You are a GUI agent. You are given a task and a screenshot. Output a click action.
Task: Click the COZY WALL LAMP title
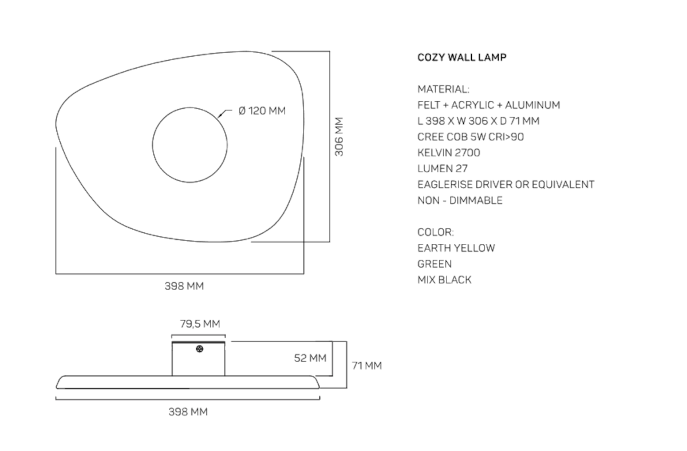point(461,57)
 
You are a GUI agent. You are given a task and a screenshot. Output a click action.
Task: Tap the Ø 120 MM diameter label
point(262,111)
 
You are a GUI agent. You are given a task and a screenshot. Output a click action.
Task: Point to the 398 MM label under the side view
point(188,412)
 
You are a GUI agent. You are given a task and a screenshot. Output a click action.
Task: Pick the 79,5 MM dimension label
point(200,324)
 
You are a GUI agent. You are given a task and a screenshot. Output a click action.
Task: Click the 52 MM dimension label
point(310,358)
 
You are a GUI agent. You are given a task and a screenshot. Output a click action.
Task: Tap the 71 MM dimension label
point(366,365)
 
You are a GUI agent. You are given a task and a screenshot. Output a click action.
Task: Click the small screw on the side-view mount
point(199,349)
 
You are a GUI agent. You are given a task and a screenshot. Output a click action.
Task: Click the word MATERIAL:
point(444,89)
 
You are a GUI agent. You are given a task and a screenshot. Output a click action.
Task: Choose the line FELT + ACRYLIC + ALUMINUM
point(489,105)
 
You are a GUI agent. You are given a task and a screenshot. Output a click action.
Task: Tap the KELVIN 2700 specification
point(449,153)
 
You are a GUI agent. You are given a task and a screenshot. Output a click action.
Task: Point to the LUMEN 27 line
point(443,169)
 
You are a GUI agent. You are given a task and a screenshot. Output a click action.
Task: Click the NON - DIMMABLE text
point(460,200)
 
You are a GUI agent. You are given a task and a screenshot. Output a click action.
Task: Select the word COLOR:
point(436,232)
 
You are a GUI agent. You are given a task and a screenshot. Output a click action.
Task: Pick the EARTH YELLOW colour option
point(456,248)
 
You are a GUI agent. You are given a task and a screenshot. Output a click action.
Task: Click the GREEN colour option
point(435,264)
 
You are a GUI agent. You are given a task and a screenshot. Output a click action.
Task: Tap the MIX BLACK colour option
point(445,280)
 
